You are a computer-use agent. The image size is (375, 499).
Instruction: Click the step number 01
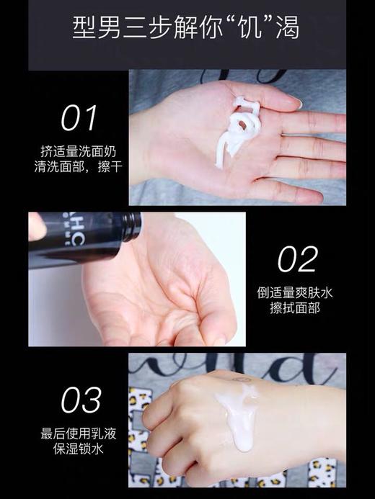[x=79, y=118]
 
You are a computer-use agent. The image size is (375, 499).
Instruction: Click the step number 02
[x=297, y=259]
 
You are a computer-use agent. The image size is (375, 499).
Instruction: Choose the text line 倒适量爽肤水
[x=296, y=293]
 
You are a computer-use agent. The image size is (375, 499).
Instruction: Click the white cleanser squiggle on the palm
[x=241, y=130]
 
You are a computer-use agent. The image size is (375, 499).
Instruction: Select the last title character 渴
[x=288, y=30]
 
